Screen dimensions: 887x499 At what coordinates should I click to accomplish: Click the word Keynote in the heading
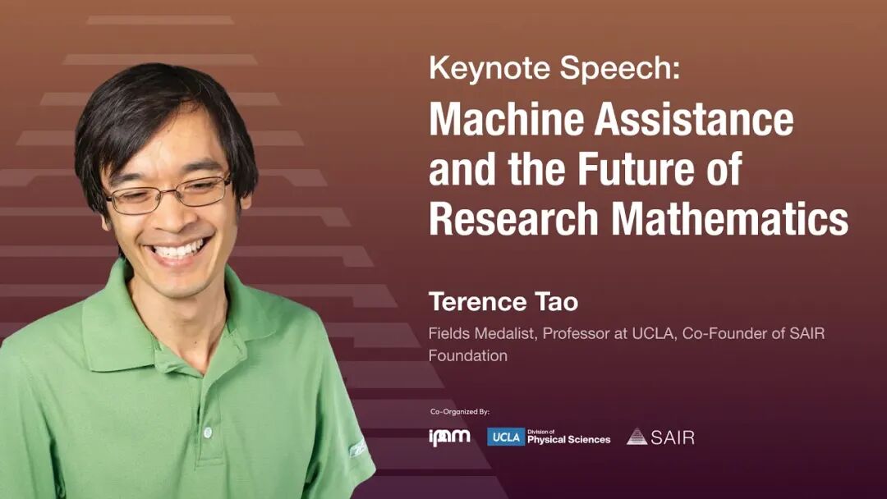(x=489, y=68)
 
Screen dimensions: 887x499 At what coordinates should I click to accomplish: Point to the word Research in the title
(x=513, y=218)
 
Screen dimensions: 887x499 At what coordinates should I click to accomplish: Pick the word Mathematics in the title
(x=730, y=218)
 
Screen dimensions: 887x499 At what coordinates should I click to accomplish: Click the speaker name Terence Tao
(x=503, y=302)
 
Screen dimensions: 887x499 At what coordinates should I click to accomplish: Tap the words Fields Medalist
(x=481, y=333)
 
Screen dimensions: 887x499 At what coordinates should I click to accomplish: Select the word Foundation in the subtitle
(x=468, y=355)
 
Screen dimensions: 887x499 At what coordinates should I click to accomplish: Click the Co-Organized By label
(x=459, y=411)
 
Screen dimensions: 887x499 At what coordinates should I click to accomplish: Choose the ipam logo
(x=449, y=437)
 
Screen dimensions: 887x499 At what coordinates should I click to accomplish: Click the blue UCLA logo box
(x=506, y=437)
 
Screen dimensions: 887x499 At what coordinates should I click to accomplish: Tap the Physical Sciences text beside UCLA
(x=568, y=439)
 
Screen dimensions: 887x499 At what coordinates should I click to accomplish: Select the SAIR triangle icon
(x=637, y=437)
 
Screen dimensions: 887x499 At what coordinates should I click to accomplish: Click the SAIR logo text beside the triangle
(x=673, y=437)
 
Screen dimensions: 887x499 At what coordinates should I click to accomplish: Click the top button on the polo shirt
(x=208, y=433)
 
